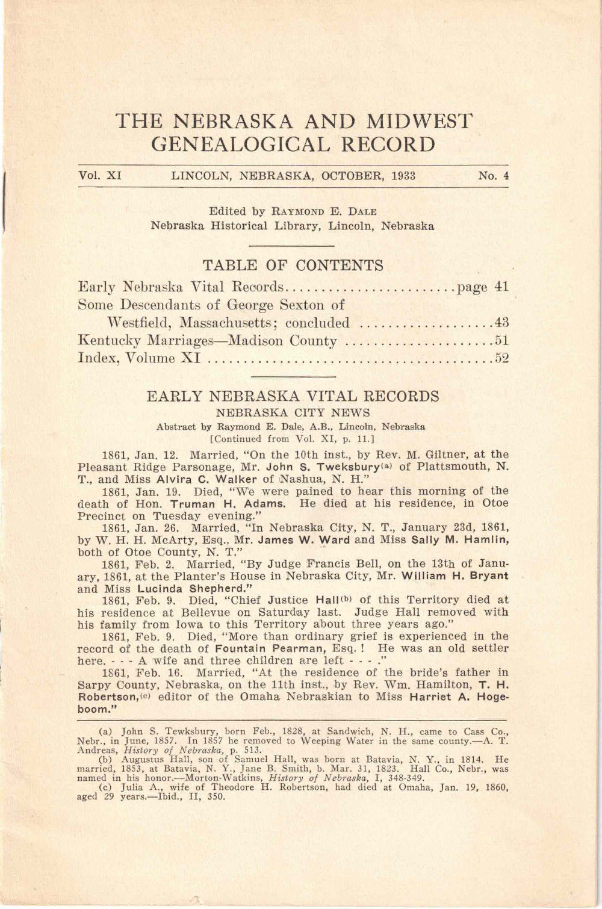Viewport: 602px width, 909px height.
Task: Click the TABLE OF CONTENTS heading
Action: pyautogui.click(x=293, y=265)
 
